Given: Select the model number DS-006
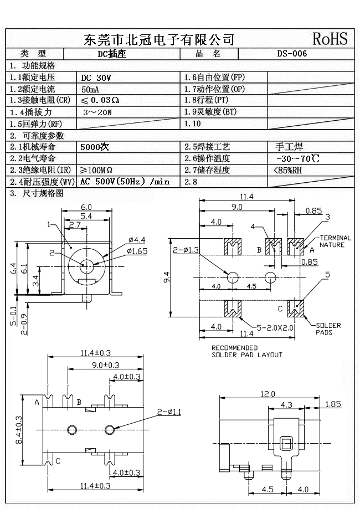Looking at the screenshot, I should point(291,54).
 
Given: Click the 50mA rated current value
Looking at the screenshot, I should point(92,89).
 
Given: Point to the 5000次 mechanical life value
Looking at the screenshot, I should point(95,147).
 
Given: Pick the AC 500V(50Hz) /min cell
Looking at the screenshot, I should point(125,182).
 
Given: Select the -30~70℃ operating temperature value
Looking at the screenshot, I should point(297,159).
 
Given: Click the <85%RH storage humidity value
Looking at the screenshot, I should point(288,170).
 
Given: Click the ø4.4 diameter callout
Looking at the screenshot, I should point(136,240).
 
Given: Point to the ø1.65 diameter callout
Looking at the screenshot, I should point(137,251).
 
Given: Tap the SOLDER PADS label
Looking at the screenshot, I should point(328,329).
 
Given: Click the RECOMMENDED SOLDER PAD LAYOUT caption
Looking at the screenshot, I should point(246,351).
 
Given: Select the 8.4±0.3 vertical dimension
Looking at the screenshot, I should point(18,430).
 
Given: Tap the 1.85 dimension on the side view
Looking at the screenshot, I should point(333,404).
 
